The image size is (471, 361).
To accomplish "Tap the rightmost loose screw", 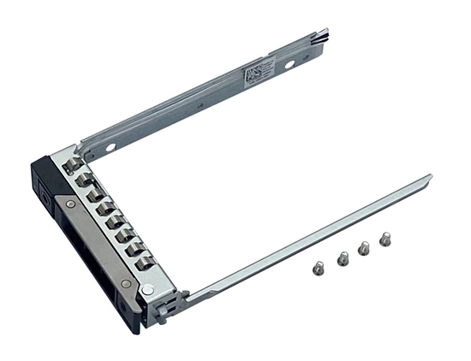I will point(385,240).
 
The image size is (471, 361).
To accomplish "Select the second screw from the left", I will point(343,257).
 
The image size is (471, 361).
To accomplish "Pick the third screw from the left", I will point(363,248).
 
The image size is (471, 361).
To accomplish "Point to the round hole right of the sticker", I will point(289,63).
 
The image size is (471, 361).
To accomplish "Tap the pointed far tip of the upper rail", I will point(325,35).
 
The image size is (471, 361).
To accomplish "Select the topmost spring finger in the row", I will point(75,163).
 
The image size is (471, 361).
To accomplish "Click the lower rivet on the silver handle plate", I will point(125,283).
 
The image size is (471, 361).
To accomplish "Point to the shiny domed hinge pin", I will point(147,291).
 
